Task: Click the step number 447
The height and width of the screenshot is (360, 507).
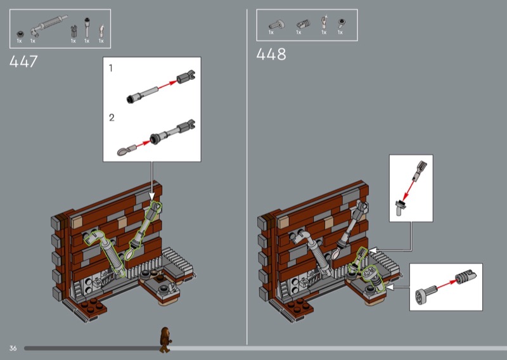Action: (x=23, y=61)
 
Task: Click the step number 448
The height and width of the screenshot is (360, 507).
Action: (x=271, y=54)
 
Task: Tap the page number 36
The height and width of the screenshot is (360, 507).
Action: (x=13, y=348)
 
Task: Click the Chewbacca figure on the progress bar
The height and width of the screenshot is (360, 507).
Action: (x=165, y=340)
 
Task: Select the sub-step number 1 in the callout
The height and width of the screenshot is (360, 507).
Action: (x=111, y=68)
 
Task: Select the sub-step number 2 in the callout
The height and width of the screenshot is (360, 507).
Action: (x=112, y=117)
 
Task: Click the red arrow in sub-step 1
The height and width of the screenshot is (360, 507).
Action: (x=167, y=84)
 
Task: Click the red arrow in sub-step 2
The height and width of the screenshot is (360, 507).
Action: (x=142, y=145)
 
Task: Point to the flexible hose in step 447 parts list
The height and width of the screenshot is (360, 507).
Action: (x=49, y=24)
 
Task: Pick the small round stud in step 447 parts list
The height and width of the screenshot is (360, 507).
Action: (x=20, y=34)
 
